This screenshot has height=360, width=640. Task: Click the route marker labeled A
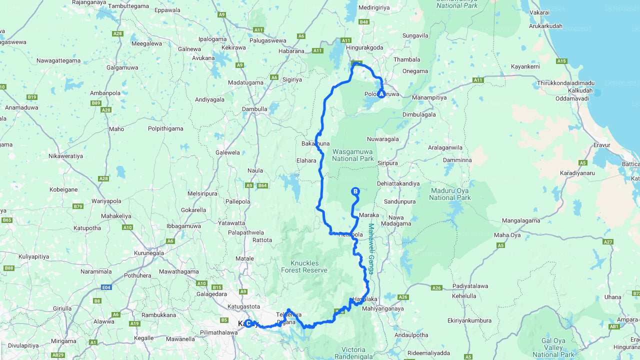[381, 93]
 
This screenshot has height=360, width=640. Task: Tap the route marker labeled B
[355, 191]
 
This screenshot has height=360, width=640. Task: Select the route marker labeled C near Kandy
[248, 323]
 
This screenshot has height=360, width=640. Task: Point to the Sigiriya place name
[292, 79]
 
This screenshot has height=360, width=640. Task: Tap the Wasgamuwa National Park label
[353, 154]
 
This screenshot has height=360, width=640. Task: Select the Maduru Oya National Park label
[449, 194]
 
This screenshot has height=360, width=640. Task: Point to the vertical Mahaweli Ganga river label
[371, 248]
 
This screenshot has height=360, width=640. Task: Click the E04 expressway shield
[106, 287]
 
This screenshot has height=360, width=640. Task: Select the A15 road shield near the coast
[561, 61]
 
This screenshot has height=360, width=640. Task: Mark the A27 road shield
[608, 242]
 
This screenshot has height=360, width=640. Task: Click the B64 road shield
[262, 186]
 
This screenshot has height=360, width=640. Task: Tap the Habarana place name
[291, 51]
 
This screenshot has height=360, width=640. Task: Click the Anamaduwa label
[21, 107]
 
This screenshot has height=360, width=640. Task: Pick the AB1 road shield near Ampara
[614, 326]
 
